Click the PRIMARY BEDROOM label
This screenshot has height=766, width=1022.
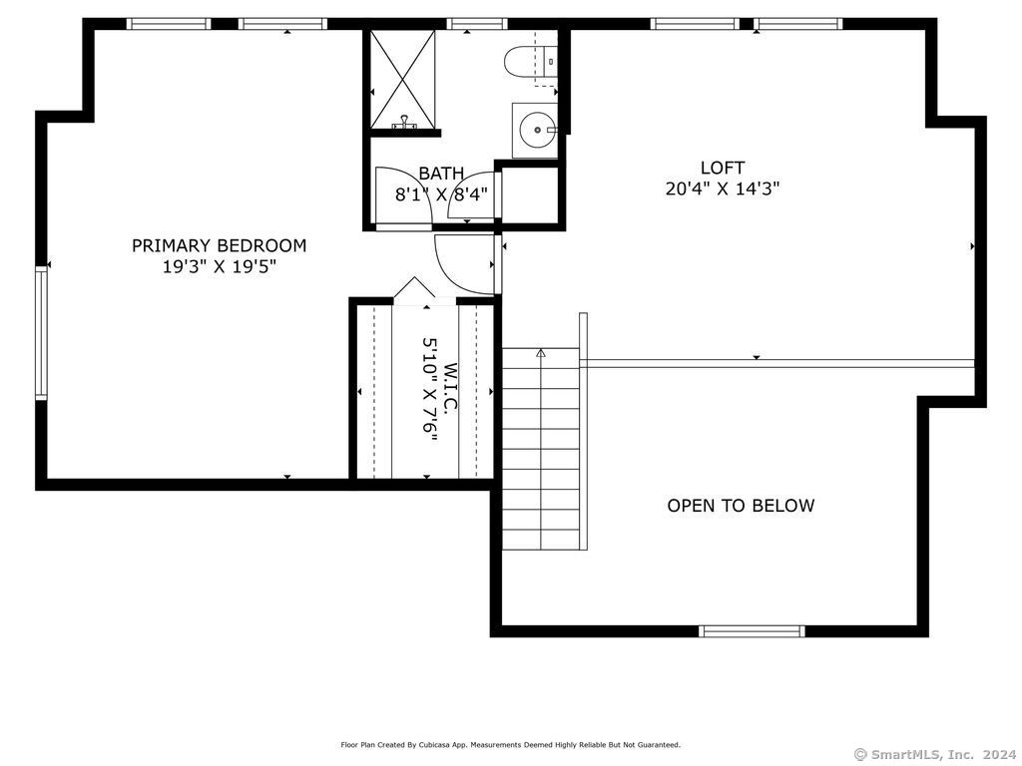[x=219, y=245]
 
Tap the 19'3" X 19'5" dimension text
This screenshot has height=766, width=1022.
[x=220, y=266]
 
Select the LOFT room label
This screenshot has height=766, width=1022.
[x=723, y=168]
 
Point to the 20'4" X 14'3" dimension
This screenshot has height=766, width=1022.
[x=723, y=189]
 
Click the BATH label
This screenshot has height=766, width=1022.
[x=441, y=174]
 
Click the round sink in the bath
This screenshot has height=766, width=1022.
[x=535, y=130]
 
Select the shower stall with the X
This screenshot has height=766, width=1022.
[x=402, y=80]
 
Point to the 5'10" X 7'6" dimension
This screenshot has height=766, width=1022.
[x=430, y=389]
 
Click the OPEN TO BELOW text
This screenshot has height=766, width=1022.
[x=741, y=506]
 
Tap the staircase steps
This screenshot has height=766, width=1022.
[x=541, y=449]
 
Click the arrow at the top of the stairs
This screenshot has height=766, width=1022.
[x=540, y=352]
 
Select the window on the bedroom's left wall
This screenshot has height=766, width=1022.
[x=41, y=333]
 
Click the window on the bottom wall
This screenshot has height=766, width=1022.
[x=752, y=630]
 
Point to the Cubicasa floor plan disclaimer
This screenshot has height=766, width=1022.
[x=510, y=744]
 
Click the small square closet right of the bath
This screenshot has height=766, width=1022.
[x=529, y=195]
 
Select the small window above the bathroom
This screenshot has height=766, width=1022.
[x=477, y=24]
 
